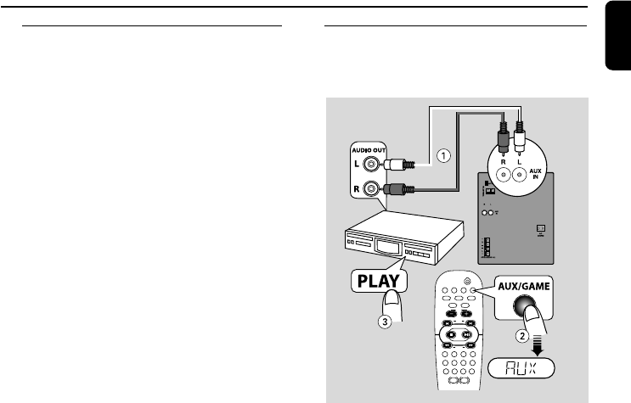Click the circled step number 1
point(443,155)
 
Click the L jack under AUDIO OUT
point(369,165)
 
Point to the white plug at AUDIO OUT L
point(398,166)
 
